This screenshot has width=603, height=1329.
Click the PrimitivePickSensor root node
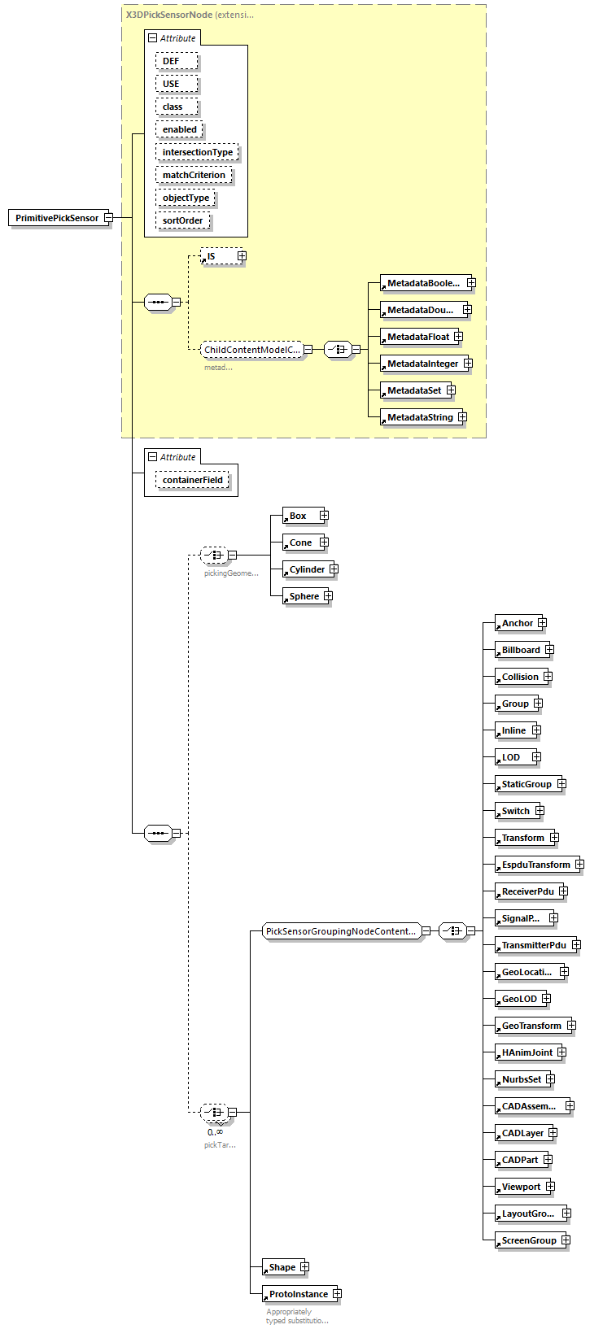tap(57, 218)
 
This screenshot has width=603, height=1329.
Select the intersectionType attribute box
tap(197, 152)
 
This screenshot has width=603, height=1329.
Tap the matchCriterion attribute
tap(194, 175)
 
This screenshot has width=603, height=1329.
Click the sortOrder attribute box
tap(182, 220)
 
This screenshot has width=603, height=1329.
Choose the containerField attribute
tap(192, 480)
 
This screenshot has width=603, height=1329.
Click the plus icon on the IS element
tap(242, 256)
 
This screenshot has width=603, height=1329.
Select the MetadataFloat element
tap(417, 337)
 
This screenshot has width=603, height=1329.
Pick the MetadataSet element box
tap(413, 390)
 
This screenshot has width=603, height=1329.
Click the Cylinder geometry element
tap(307, 569)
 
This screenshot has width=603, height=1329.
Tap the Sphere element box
tap(304, 596)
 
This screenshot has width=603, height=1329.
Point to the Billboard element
tap(520, 650)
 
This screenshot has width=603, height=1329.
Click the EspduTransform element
tap(535, 865)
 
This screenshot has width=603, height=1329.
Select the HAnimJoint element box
tap(527, 1052)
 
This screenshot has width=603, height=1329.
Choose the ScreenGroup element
tap(529, 1240)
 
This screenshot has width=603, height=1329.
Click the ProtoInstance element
tap(298, 1294)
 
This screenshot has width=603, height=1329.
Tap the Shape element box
tap(282, 1267)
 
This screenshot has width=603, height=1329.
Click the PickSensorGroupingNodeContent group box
tap(341, 931)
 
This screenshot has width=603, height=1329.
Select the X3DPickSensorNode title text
tap(168, 15)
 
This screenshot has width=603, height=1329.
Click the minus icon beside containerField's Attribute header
tap(152, 457)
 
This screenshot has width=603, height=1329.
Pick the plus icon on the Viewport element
tap(550, 1187)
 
